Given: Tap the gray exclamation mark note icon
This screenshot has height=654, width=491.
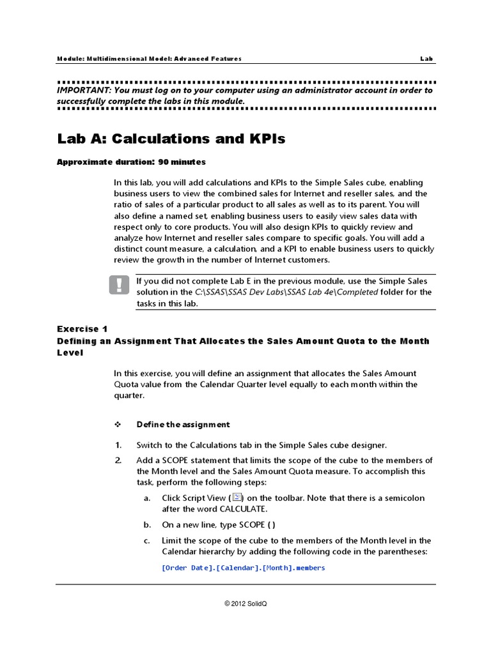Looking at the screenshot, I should pos(119,285).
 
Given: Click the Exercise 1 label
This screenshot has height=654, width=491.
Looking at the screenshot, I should pos(82,329).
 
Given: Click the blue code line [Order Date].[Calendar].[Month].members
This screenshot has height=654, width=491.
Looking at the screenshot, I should pos(244,568).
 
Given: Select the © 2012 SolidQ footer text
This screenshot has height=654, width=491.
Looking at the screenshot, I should pos(245,604).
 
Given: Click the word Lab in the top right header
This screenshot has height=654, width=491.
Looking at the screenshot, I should pos(426,59).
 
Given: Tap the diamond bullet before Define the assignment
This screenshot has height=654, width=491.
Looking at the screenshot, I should pos(118,425).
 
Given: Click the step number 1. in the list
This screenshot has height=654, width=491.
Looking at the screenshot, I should pos(118,445).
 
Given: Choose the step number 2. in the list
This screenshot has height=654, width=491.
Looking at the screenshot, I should pos(118,460).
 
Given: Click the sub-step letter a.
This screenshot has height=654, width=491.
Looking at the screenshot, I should pos(147,498).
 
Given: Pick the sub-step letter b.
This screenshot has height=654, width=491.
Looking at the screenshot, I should pos(147,525).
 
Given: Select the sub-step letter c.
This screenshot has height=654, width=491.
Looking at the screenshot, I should pos(147,541).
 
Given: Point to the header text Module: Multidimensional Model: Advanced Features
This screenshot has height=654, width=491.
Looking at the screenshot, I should pos(150,59).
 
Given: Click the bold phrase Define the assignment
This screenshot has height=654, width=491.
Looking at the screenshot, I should pos(183,425).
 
